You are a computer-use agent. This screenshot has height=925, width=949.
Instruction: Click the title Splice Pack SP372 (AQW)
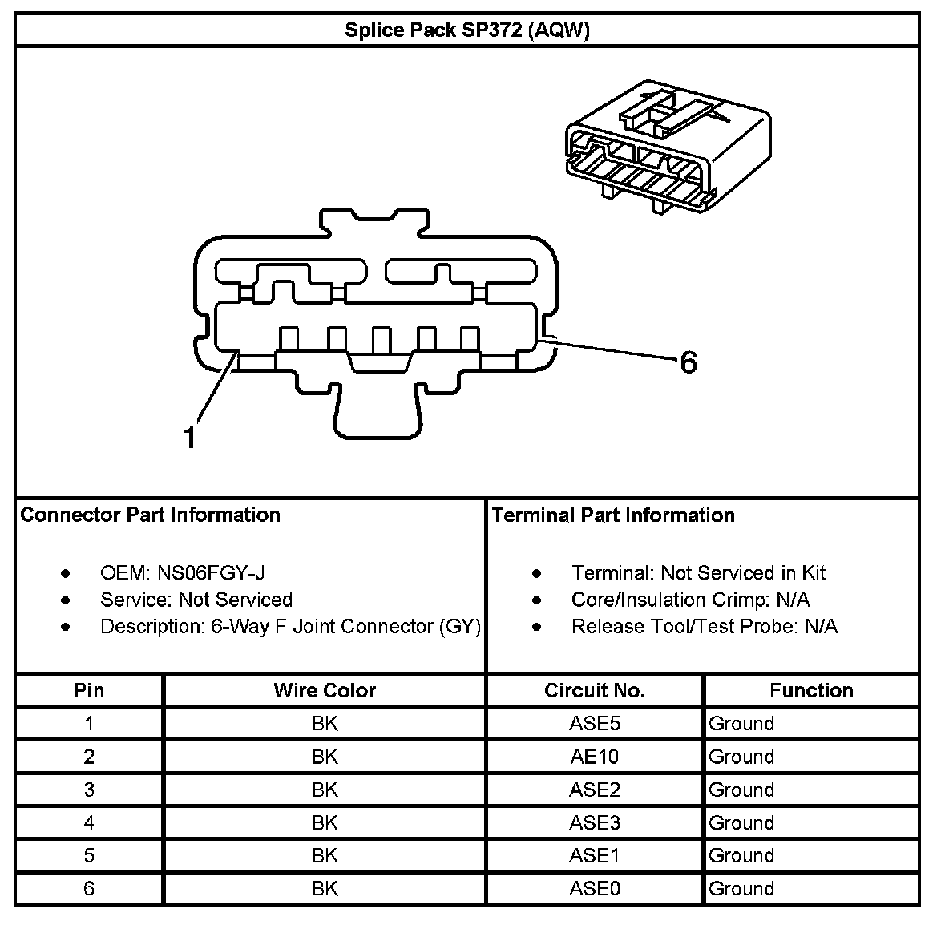click(467, 30)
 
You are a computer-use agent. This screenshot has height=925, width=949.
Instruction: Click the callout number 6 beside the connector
click(688, 363)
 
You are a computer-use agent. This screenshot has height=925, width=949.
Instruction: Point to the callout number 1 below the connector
click(189, 437)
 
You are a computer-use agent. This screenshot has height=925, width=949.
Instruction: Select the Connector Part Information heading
click(150, 515)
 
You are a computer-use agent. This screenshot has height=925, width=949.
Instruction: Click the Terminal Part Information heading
click(613, 515)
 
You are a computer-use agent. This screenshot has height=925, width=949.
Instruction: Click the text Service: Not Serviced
click(196, 600)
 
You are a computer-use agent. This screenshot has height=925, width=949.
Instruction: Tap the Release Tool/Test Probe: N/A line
click(704, 626)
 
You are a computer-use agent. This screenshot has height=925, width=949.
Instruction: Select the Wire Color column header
click(325, 690)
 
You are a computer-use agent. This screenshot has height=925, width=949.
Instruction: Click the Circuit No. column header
click(594, 690)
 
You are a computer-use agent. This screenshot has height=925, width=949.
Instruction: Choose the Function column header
click(811, 690)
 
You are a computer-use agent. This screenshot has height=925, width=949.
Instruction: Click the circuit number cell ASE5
click(594, 724)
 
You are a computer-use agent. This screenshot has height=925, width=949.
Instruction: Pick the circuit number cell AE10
click(594, 757)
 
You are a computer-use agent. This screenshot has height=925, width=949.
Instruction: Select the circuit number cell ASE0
click(594, 888)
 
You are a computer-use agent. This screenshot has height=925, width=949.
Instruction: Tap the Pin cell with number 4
click(89, 822)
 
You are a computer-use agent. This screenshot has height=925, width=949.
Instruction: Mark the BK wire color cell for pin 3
click(325, 790)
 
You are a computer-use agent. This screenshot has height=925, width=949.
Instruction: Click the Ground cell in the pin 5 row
click(741, 855)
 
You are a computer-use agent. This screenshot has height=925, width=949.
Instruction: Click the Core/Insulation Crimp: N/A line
click(690, 600)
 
